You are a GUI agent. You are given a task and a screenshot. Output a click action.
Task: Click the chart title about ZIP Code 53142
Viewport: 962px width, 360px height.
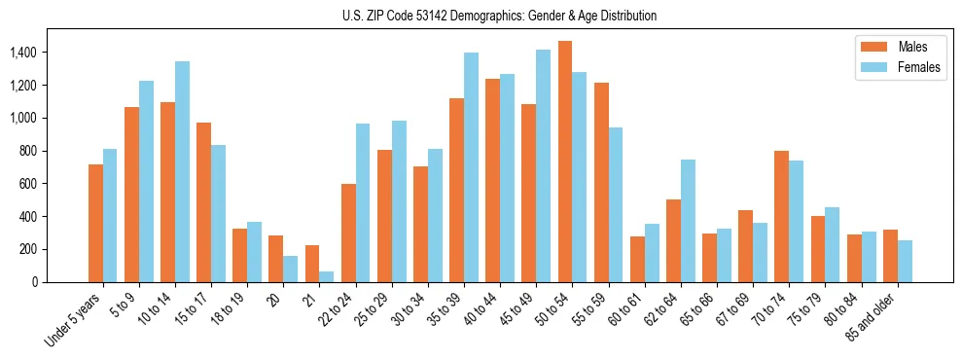click(x=499, y=16)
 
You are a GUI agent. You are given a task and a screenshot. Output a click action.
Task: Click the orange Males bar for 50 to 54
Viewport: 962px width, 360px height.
click(x=565, y=162)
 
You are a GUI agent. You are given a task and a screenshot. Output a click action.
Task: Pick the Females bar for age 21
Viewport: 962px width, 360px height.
click(x=327, y=276)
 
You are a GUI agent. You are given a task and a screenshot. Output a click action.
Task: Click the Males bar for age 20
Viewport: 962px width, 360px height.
click(x=276, y=259)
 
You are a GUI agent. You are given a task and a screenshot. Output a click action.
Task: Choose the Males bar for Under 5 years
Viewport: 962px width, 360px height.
click(x=95, y=223)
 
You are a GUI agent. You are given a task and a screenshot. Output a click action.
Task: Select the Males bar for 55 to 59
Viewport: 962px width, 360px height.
click(x=601, y=182)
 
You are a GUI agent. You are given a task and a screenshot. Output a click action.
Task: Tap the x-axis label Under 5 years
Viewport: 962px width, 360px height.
click(x=74, y=319)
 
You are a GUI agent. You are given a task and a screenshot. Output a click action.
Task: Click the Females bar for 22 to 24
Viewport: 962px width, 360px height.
click(x=363, y=202)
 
